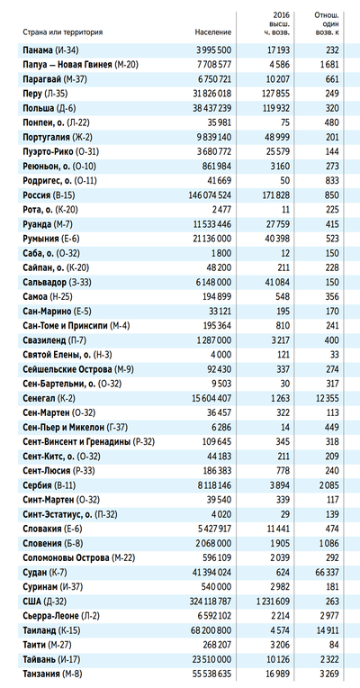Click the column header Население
coord(213,32)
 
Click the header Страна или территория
coord(63,32)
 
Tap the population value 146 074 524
coord(208,195)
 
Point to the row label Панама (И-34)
coord(51,50)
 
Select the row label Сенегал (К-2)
coord(48,398)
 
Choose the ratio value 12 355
coord(326,398)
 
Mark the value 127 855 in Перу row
coord(274,94)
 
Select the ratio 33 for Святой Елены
coord(335,355)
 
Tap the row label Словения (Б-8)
coord(51,543)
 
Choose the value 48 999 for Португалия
coord(276,138)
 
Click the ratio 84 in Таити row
coord(334,645)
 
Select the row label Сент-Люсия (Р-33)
coord(59,471)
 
